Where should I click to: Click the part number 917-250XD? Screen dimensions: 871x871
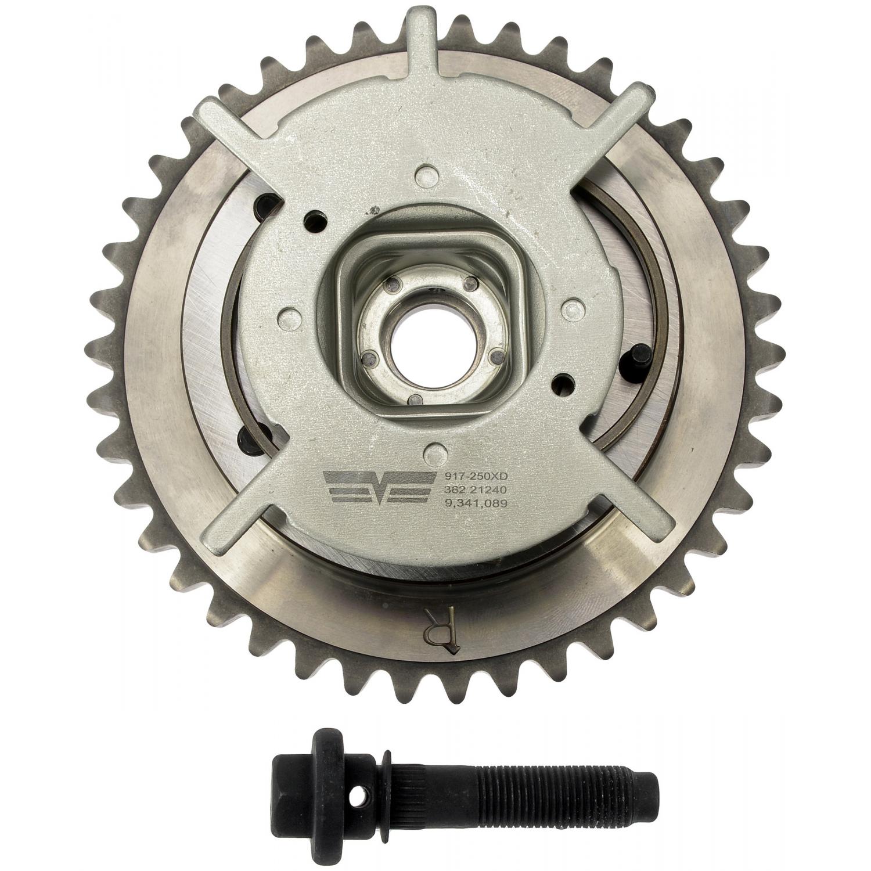(474, 475)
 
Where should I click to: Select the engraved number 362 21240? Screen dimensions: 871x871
(474, 490)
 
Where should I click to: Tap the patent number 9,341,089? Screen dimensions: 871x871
(474, 504)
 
